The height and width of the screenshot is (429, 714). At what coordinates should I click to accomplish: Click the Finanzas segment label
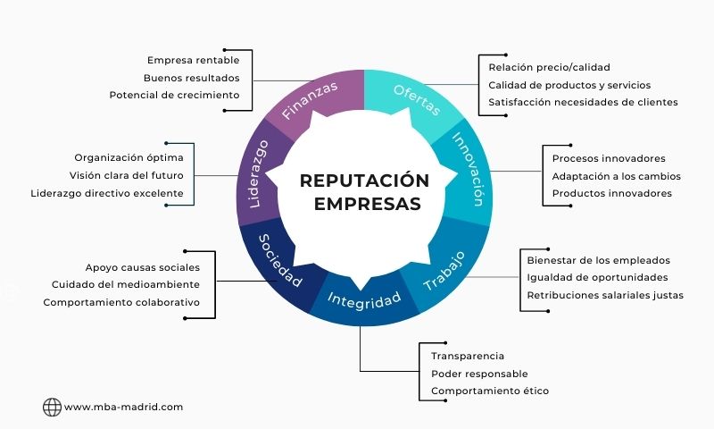point(310,100)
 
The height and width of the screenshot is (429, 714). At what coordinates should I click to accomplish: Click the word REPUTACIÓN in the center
point(364,181)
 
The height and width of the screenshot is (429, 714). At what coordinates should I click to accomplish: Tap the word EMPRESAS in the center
point(366,204)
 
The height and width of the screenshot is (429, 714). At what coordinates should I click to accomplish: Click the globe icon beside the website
point(52,407)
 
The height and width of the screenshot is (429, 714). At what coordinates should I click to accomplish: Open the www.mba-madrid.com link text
point(124,407)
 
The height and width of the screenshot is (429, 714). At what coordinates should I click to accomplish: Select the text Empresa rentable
point(193,60)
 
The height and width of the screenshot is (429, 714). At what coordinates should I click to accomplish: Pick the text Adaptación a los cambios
point(616,175)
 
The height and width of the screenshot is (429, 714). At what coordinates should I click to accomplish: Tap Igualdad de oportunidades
point(597,277)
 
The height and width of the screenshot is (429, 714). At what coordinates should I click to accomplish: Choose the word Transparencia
point(468,357)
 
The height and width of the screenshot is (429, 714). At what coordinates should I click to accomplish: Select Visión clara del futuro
point(127,175)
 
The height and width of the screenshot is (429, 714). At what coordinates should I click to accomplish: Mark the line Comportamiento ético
point(490,391)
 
